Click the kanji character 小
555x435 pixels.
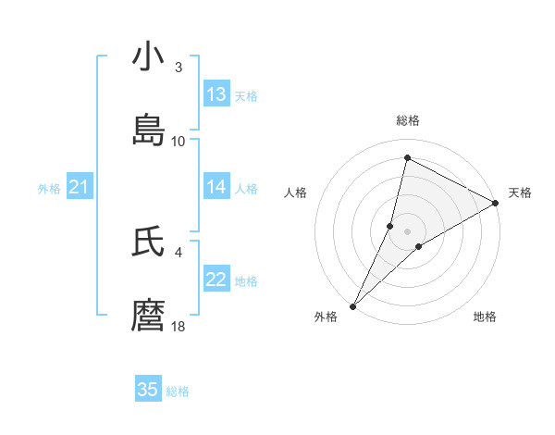click(148, 56)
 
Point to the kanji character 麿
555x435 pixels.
click(148, 316)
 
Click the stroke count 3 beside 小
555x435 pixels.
click(179, 68)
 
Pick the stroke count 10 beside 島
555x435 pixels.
click(179, 142)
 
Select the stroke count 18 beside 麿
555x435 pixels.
click(179, 327)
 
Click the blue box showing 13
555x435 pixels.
click(216, 94)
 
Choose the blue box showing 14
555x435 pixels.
click(216, 187)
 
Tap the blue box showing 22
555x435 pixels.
click(216, 280)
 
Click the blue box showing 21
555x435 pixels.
click(80, 188)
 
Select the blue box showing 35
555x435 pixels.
click(148, 390)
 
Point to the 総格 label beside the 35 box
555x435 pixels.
click(178, 391)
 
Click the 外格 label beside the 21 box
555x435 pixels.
click(49, 189)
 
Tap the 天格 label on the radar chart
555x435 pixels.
click(520, 193)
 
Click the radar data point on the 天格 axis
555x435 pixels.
click(496, 204)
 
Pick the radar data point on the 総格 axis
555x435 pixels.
click(407, 157)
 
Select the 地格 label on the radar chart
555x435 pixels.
click(485, 317)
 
